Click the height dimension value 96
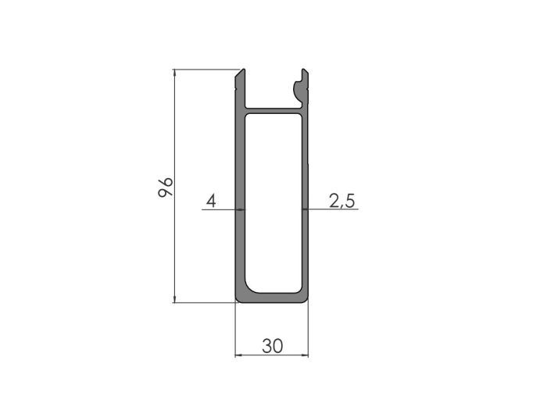pos(165,187)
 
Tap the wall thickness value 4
pos(209,201)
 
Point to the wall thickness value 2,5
pos(341,201)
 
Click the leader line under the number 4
pos(219,210)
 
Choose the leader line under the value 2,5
pos(332,210)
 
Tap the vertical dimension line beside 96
pos(173,234)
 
